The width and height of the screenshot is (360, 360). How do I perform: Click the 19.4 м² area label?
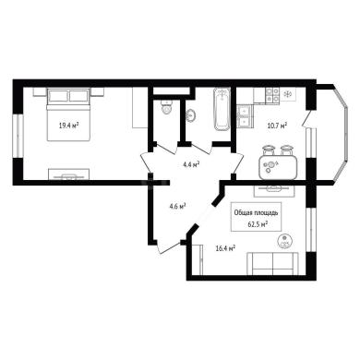68,125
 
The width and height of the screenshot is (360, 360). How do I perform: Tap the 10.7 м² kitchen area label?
278,126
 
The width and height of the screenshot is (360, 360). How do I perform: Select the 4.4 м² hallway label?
191,164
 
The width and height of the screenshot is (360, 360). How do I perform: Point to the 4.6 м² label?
177,206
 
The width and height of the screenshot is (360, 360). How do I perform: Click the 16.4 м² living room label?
225,247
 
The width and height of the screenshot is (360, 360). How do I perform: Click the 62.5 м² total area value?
258,224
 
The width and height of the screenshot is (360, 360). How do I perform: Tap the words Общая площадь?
257,212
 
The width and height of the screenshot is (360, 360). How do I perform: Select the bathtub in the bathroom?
222,109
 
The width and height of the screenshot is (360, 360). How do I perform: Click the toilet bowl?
167,107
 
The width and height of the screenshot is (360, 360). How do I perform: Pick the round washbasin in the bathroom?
191,115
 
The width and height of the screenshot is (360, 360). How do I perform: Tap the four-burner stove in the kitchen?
272,95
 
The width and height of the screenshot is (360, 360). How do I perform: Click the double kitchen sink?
245,115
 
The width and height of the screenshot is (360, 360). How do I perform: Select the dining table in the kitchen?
279,167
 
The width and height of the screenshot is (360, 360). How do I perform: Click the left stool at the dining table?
268,150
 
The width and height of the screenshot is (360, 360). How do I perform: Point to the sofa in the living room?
273,263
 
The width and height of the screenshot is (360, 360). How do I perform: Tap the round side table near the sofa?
284,241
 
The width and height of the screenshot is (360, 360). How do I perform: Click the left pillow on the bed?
58,95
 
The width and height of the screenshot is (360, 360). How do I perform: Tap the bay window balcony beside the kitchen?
331,135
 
